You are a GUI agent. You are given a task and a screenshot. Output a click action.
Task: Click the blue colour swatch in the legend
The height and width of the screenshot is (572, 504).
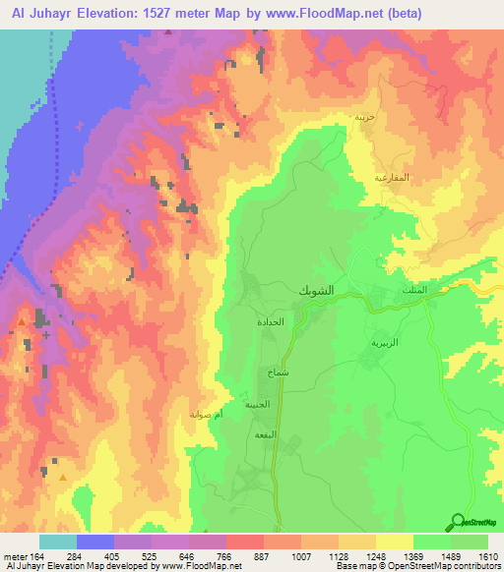pyautogui.click(x=95, y=542)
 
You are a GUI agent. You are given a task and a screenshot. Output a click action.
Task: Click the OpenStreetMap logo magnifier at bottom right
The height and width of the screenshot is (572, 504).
pyautogui.click(x=457, y=522)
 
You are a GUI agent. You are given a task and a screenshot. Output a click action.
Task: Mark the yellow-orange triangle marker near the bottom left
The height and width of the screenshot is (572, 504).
pyautogui.click(x=64, y=478)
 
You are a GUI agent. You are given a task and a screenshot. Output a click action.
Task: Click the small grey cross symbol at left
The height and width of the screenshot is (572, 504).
pyautogui.click(x=46, y=335)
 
